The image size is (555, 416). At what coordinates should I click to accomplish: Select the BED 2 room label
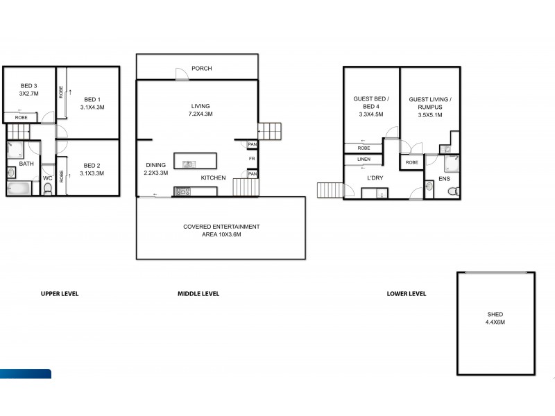tap(92, 169)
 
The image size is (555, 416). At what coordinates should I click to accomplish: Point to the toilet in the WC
tap(48, 189)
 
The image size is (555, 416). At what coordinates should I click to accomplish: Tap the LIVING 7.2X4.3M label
tap(201, 110)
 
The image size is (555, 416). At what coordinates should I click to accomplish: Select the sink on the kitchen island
tap(188, 164)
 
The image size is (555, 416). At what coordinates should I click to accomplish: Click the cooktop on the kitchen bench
tap(183, 192)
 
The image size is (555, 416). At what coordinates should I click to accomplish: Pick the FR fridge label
tap(253, 159)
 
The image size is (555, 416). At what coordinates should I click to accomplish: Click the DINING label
tap(156, 169)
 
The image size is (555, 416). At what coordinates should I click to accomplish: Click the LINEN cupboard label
tap(364, 159)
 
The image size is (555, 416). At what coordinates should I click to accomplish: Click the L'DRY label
tap(375, 177)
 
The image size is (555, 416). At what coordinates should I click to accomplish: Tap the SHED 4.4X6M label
tap(495, 318)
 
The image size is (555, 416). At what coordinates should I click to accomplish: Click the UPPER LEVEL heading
tap(60, 294)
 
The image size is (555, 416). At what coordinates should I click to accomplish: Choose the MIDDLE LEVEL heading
tap(198, 294)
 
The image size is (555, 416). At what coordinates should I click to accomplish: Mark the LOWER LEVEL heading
tap(407, 294)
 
